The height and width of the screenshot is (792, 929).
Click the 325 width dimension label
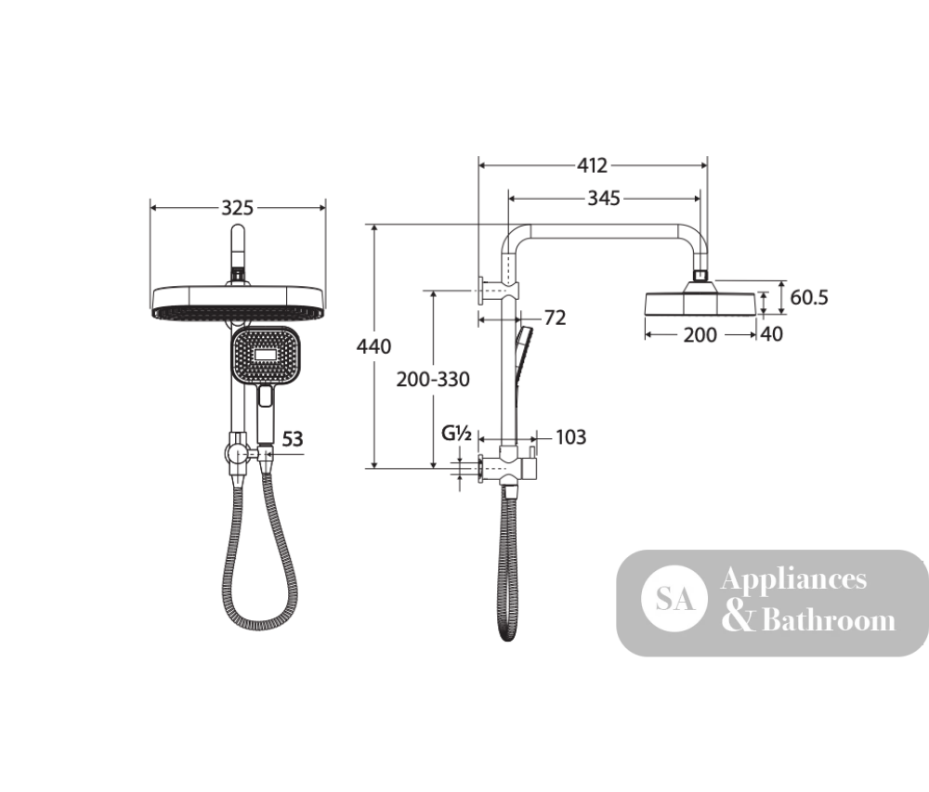[237, 208]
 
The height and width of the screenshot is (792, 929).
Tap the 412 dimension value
[593, 165]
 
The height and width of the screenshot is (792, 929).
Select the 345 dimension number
[604, 198]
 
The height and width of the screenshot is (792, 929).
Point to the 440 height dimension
[373, 345]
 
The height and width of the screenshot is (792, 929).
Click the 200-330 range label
[433, 379]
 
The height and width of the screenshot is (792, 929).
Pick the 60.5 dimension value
[809, 297]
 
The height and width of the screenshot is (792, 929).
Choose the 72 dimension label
[556, 318]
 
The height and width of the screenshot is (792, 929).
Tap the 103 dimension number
[570, 436]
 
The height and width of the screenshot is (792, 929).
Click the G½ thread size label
[456, 434]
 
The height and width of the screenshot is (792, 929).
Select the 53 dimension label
[292, 438]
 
